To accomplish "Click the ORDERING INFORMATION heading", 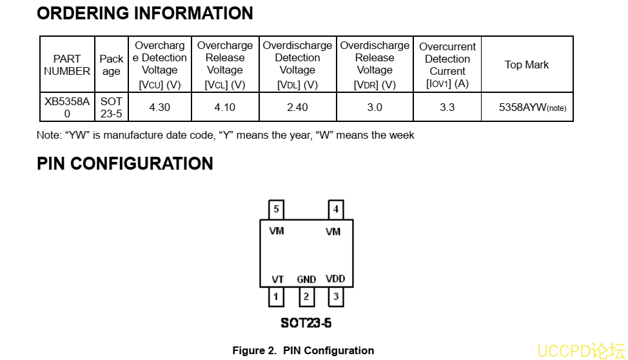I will [x=145, y=14].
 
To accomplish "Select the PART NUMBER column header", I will [x=67, y=65].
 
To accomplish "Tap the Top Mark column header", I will [x=527, y=65].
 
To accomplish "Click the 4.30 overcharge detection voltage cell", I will [x=159, y=107].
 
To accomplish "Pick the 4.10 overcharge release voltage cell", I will [x=225, y=107].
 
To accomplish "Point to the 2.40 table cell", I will [x=297, y=107].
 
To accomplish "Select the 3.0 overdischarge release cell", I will [x=375, y=107].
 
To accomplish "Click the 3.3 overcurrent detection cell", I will [x=447, y=107].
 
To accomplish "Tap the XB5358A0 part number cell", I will [x=67, y=107].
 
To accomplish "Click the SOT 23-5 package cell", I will [x=111, y=107].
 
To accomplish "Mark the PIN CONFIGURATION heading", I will [x=125, y=164].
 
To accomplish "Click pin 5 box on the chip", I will [x=277, y=209].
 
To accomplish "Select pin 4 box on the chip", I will [x=335, y=209].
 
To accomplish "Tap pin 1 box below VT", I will [x=276, y=297].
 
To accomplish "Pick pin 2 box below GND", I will [x=306, y=297].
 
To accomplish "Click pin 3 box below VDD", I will [x=335, y=297].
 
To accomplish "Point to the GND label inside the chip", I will [x=306, y=279].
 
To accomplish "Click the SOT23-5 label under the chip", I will [x=306, y=323].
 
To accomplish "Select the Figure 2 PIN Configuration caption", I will [x=303, y=350].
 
